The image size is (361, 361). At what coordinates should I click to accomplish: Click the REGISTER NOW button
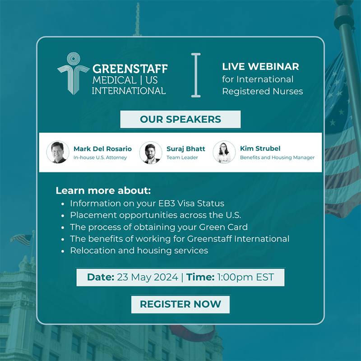pos(180,304)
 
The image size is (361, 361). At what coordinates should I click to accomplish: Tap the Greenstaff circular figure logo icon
pos(74,73)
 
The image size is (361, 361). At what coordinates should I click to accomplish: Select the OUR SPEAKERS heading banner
pos(180,119)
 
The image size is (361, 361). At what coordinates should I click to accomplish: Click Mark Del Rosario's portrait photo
pos(58,152)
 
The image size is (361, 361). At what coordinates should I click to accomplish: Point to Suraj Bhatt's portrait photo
pos(151,153)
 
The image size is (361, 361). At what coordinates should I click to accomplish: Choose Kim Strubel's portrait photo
pos(224,152)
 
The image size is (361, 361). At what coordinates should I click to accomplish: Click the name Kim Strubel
pos(260,148)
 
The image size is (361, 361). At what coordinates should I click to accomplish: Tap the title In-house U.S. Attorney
pos(100,157)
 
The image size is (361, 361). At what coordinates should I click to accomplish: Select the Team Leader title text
pos(182,157)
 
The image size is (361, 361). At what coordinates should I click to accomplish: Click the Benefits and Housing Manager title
pos(277,157)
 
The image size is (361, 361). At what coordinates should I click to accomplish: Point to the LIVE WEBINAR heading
pos(260,66)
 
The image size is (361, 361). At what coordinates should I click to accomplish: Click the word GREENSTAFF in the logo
pos(130,69)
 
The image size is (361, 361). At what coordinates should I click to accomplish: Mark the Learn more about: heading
pos(103,190)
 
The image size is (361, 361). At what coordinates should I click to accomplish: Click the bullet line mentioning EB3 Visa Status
pos(147,204)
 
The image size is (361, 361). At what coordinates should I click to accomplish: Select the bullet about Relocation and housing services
pos(139,250)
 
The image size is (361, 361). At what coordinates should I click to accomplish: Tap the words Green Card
pos(223,227)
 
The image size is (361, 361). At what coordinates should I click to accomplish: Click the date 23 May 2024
pos(148,277)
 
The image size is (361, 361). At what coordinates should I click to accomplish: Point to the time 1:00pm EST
pos(245,277)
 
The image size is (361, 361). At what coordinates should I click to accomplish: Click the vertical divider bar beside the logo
pos(196,75)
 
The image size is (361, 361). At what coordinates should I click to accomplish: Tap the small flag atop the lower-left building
pos(21,240)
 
